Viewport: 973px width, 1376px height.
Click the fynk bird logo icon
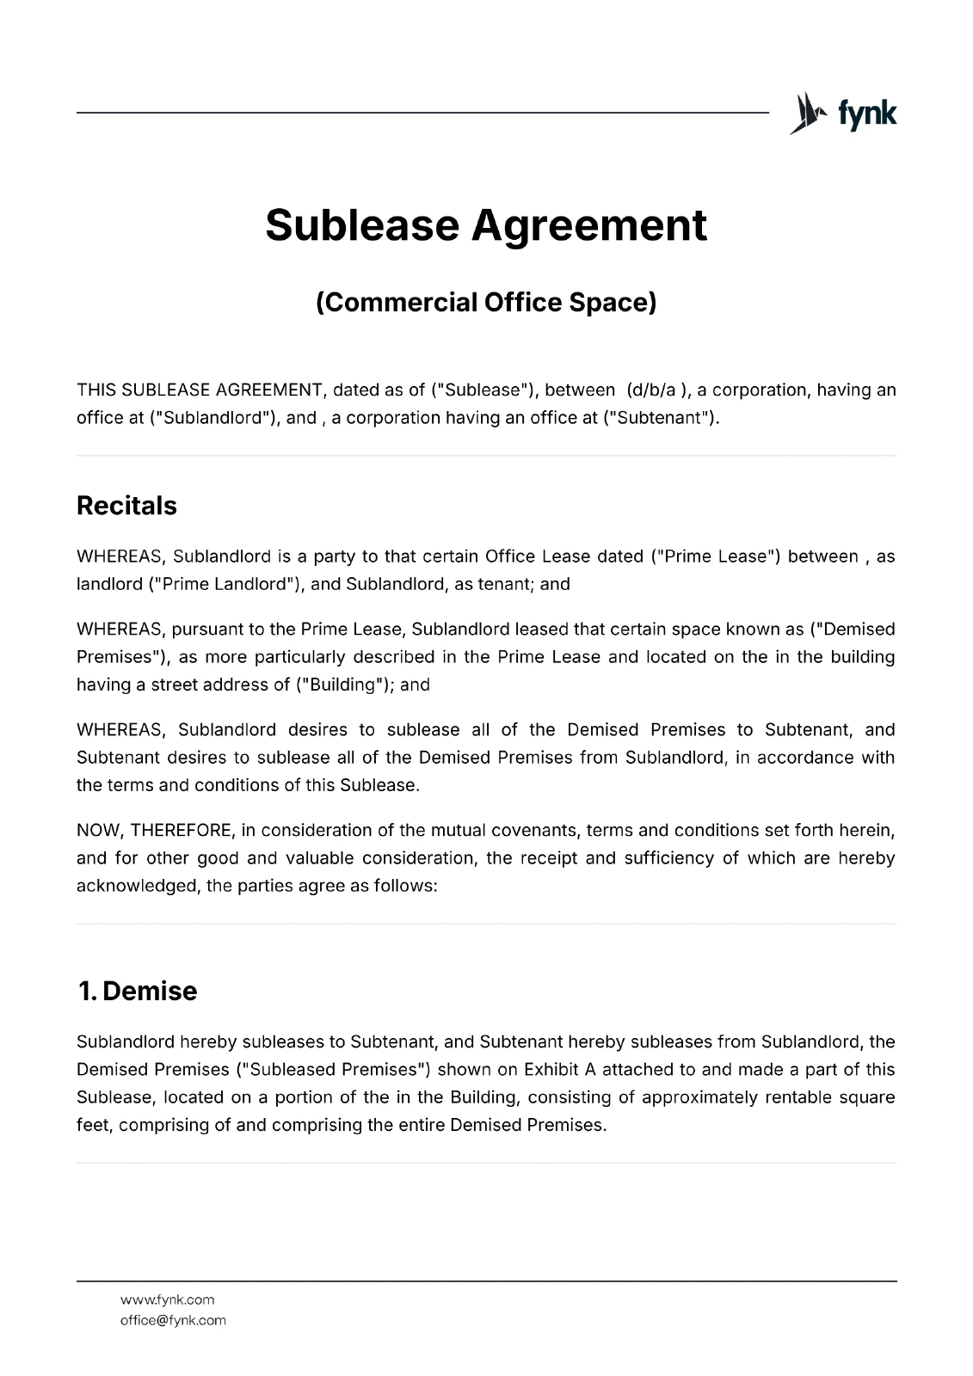point(806,114)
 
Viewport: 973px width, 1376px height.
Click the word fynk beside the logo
point(866,114)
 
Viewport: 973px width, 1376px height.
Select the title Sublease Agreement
point(486,224)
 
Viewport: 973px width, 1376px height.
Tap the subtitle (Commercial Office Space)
point(486,303)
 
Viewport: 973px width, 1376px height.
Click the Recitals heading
point(126,506)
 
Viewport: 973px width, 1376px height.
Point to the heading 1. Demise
point(137,991)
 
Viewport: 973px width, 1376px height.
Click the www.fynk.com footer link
point(167,1299)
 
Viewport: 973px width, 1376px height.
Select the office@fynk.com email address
point(173,1320)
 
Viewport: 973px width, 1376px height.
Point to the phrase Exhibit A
point(559,1070)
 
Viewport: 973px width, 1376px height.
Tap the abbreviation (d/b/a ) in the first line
point(658,390)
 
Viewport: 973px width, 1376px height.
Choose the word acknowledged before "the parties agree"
point(137,886)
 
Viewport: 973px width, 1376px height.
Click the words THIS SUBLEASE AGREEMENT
point(199,390)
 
